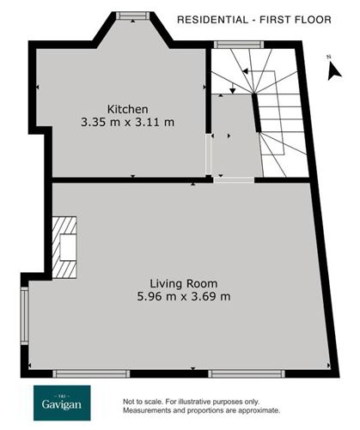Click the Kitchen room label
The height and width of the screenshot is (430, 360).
click(127, 109)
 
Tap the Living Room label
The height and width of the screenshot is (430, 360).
click(183, 283)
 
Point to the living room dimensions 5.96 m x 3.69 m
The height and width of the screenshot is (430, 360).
click(183, 297)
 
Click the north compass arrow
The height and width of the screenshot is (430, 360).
click(333, 71)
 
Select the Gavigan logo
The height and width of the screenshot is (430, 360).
click(70, 403)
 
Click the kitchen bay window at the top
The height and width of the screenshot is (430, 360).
click(131, 14)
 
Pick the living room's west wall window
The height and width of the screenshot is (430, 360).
click(25, 314)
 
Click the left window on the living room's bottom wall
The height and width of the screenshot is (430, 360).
click(91, 373)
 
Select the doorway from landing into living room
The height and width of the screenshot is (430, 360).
click(234, 179)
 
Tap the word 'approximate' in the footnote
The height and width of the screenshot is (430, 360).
click(255, 410)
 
